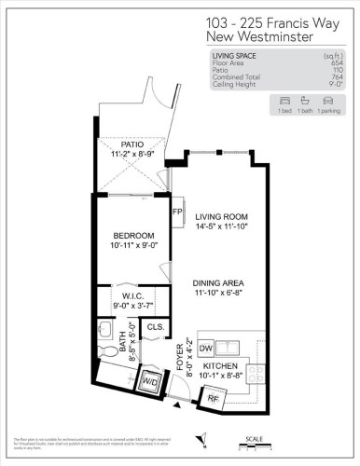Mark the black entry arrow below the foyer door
pos(177,406)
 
